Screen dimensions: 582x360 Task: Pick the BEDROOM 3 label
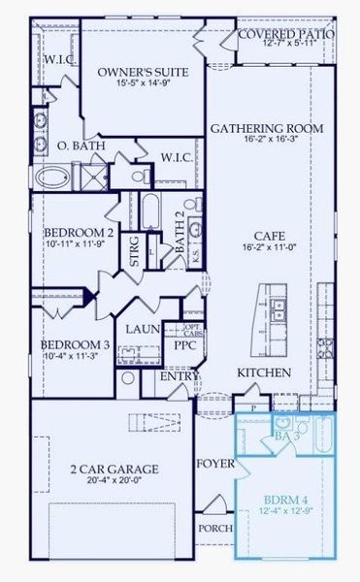(x=74, y=344)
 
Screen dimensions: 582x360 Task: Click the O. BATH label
(x=75, y=146)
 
